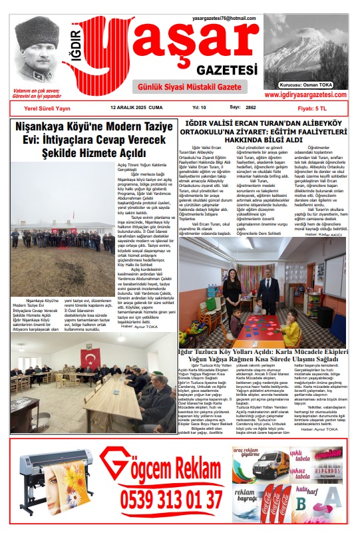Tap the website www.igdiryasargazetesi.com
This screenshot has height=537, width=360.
click(306, 94)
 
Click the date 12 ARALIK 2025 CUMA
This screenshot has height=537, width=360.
click(136, 107)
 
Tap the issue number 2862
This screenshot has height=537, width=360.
click(251, 107)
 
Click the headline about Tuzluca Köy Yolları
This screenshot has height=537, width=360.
click(264, 355)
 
